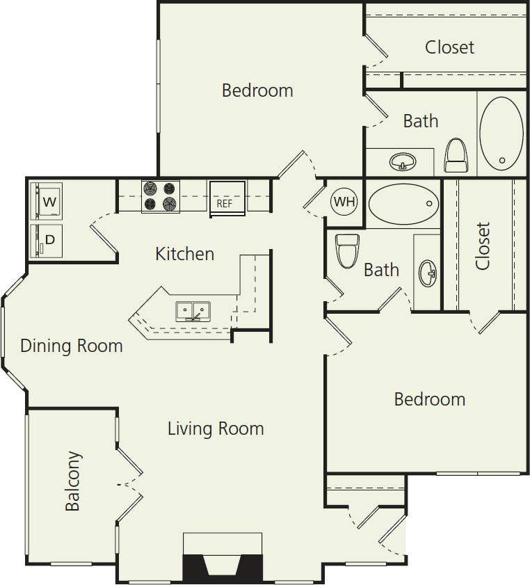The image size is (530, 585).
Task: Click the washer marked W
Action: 47,202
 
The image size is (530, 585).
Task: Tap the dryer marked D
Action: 47,241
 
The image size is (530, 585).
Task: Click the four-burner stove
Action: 161,195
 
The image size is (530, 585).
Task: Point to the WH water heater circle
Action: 344,202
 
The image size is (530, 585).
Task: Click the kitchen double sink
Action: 193,310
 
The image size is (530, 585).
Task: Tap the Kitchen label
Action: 184,254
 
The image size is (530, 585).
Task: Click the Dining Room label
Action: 72,346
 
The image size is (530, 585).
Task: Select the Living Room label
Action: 216,428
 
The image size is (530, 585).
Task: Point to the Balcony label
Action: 73,481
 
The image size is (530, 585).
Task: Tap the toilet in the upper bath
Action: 456,155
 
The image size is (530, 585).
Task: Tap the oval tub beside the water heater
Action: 403,202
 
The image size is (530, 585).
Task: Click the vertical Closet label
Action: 483,246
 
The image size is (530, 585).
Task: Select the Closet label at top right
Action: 449,47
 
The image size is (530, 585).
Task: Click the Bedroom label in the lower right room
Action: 429,399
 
